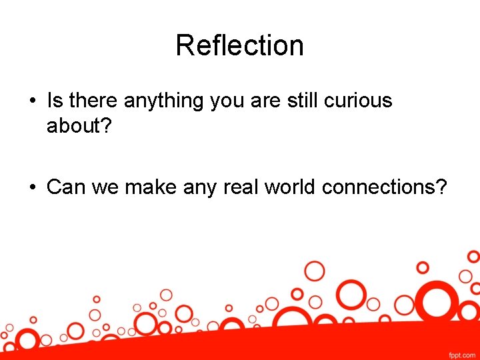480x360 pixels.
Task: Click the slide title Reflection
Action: pos(239,46)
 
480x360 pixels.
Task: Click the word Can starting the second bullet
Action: pos(65,187)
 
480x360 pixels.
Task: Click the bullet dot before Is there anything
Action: pos(32,102)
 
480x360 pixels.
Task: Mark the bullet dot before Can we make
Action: pos(32,188)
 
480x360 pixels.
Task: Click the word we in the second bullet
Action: pos(101,188)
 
